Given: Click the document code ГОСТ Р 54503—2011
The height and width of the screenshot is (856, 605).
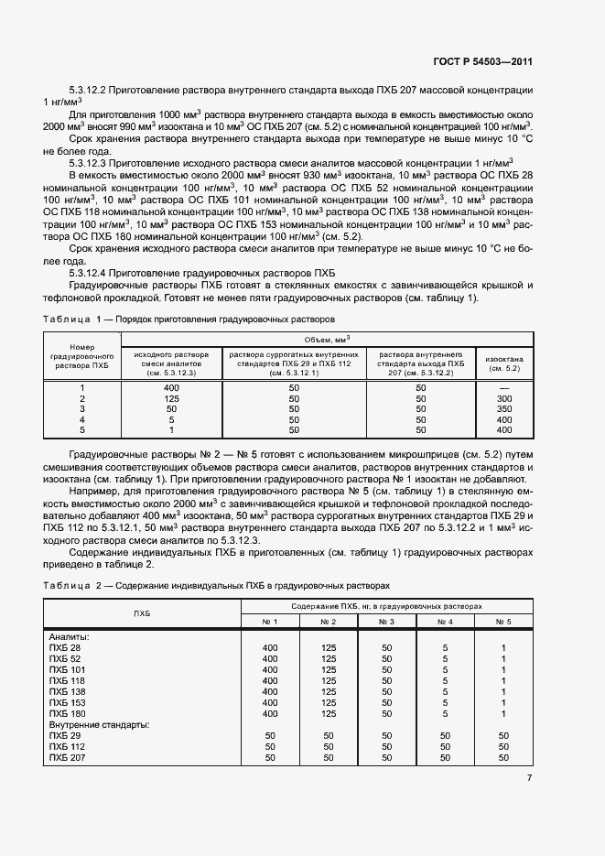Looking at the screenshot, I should click(483, 62).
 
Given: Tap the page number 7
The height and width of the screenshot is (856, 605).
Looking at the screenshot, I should click(529, 778).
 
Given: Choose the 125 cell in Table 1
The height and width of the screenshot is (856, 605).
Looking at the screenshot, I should click(171, 399).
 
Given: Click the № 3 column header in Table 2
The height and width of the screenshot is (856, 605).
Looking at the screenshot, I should click(386, 622).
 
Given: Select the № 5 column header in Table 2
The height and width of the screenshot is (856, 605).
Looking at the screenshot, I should click(503, 622).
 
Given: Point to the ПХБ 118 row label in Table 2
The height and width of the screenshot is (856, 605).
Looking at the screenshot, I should click(65, 681).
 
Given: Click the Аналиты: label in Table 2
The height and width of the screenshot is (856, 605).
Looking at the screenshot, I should click(68, 637).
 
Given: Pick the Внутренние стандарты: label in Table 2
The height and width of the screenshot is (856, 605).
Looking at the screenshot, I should click(99, 724).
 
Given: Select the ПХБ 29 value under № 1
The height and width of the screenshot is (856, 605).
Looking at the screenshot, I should click(269, 735).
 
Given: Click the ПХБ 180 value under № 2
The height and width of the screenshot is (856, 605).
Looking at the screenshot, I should click(328, 713).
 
